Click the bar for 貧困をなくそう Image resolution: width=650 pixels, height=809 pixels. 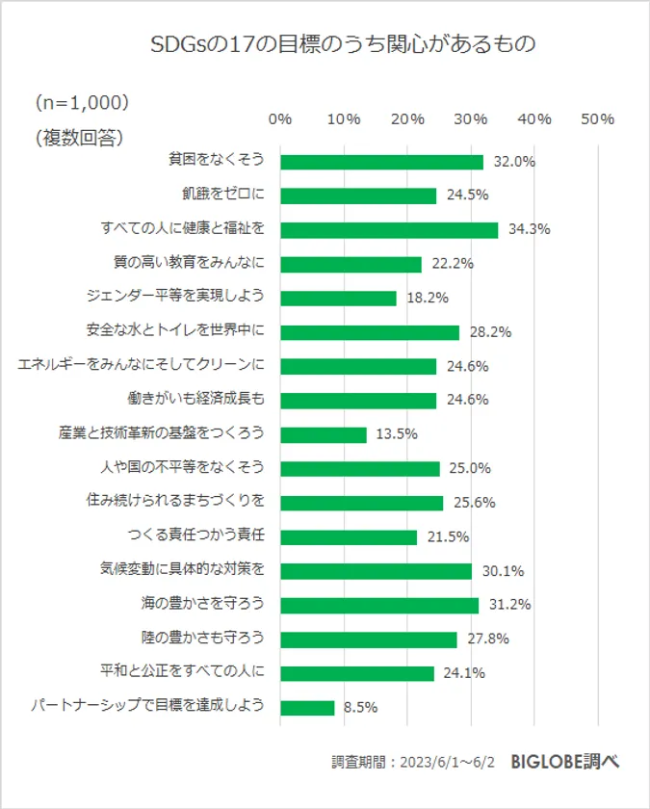pos(381,162)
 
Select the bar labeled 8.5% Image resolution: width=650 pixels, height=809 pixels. pos(307,707)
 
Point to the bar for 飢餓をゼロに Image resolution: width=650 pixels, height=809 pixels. pos(358,196)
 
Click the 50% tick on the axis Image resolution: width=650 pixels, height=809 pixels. pos(598,119)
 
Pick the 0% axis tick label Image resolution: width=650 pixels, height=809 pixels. pos(280,119)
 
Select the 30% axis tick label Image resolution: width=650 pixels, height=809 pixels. pos(471,119)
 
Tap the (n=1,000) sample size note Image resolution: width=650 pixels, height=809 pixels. pos(82,101)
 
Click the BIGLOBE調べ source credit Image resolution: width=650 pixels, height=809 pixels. pos(566,761)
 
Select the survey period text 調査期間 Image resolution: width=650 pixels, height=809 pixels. pos(413,762)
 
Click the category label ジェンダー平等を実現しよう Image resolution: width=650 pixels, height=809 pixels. pos(182,298)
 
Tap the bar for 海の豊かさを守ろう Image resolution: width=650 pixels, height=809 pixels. pos(379,605)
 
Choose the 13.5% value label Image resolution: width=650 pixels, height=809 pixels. pos(396,434)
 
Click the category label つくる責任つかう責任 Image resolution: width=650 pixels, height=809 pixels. pos(196,536)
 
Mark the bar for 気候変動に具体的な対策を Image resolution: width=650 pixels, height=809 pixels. pos(376,571)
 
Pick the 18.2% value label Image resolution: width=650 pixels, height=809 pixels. pos(427,299)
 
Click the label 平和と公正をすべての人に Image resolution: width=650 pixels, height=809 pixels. pos(182,672)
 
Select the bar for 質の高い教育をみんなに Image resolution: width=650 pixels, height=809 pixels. pos(351,264)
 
